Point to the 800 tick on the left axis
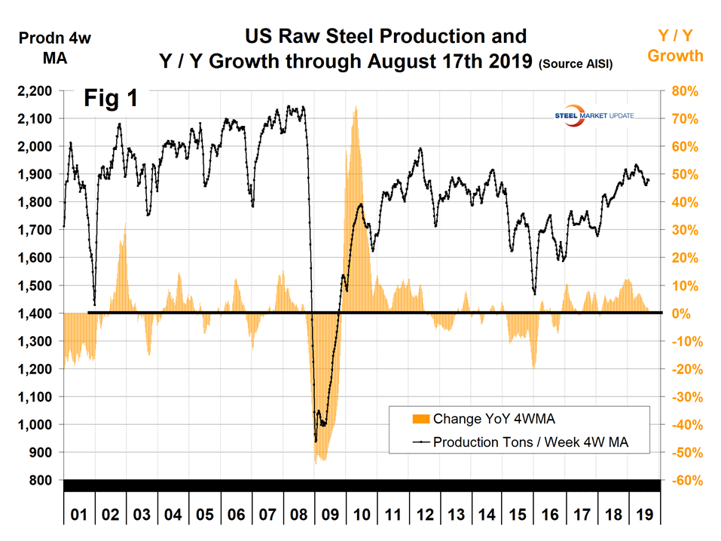[41, 481]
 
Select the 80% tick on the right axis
[680, 91]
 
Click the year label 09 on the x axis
[330, 515]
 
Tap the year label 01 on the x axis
[79, 515]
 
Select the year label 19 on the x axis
[644, 515]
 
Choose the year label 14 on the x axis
[487, 515]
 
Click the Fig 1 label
[110, 99]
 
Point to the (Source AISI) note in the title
[576, 66]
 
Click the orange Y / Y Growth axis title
[676, 45]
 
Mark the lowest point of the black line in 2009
[315, 441]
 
